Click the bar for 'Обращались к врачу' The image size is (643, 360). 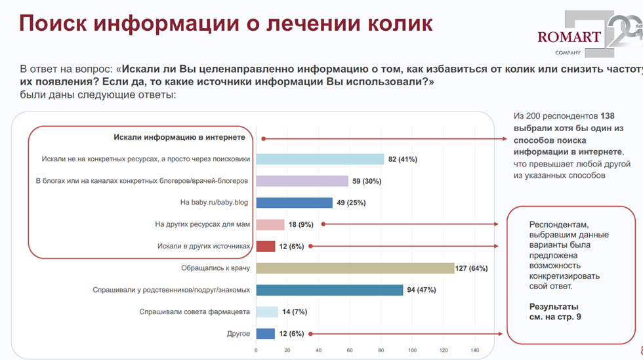point(354,268)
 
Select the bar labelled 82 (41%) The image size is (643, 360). point(320,159)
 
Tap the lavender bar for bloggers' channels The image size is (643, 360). point(302,181)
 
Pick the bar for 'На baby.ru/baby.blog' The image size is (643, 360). point(294,203)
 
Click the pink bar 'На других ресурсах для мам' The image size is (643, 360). point(270,224)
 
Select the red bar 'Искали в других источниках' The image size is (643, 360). point(265,246)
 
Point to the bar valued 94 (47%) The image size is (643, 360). point(329,290)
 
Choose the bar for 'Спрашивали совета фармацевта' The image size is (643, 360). point(266,311)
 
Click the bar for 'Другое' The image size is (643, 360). point(265,334)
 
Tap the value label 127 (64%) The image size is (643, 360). point(473,268)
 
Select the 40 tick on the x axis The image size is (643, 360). point(318,350)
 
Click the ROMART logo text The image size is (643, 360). point(568,37)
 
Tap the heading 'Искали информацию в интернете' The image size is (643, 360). point(179,138)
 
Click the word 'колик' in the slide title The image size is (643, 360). point(400,24)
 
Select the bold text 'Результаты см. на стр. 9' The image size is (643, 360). point(554,312)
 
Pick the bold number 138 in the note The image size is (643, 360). point(607,116)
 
